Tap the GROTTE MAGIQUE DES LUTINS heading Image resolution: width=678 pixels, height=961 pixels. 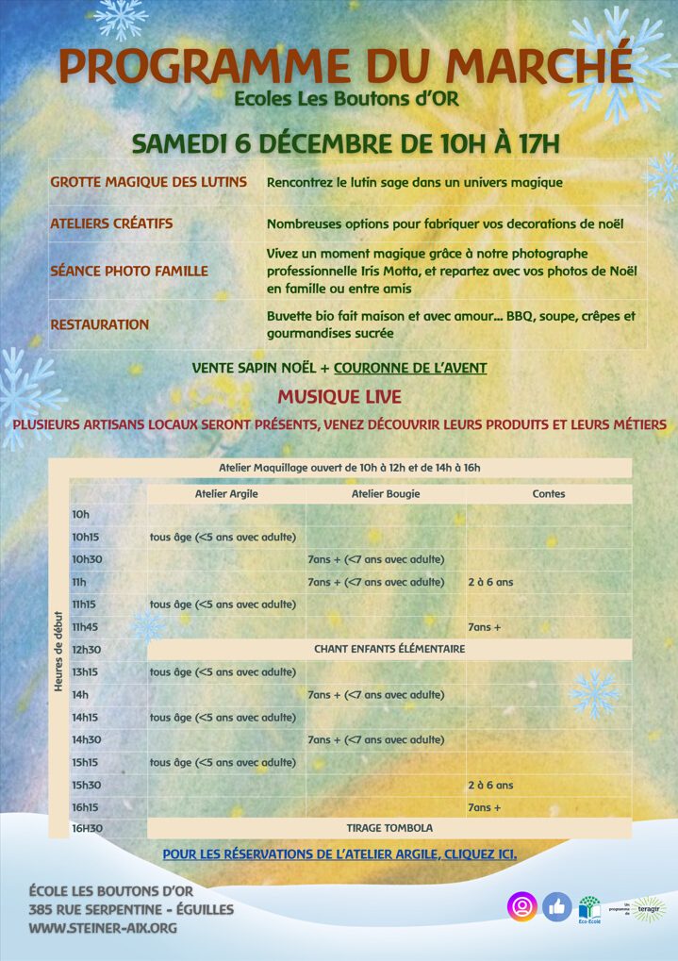coord(148,182)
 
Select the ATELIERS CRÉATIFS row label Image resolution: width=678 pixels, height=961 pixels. coord(111,224)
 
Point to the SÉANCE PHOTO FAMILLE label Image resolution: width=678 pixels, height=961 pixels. coord(129,271)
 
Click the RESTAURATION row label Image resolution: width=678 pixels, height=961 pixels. coord(99,324)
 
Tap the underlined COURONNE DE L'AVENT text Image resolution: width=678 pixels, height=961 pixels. coord(410,368)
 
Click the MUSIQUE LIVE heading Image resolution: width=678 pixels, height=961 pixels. coord(339,396)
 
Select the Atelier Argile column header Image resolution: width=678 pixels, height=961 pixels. coord(226,493)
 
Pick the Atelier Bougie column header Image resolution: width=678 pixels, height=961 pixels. coord(386,493)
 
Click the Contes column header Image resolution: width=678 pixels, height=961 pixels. coord(549,493)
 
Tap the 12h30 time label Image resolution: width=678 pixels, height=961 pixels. coord(86,650)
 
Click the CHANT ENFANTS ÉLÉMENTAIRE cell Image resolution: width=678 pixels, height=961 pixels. coord(389,649)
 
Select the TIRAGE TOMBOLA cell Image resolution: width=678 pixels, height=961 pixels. coord(389,828)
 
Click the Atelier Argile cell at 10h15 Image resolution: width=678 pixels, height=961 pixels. coord(223,538)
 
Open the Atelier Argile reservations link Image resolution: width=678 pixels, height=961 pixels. coord(339,854)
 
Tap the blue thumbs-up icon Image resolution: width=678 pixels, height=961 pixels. coord(557,906)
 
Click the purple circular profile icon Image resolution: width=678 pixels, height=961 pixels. coord(521,906)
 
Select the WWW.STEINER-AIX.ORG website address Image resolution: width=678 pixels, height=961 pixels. coord(103,928)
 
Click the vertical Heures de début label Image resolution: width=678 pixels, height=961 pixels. coord(59,650)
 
